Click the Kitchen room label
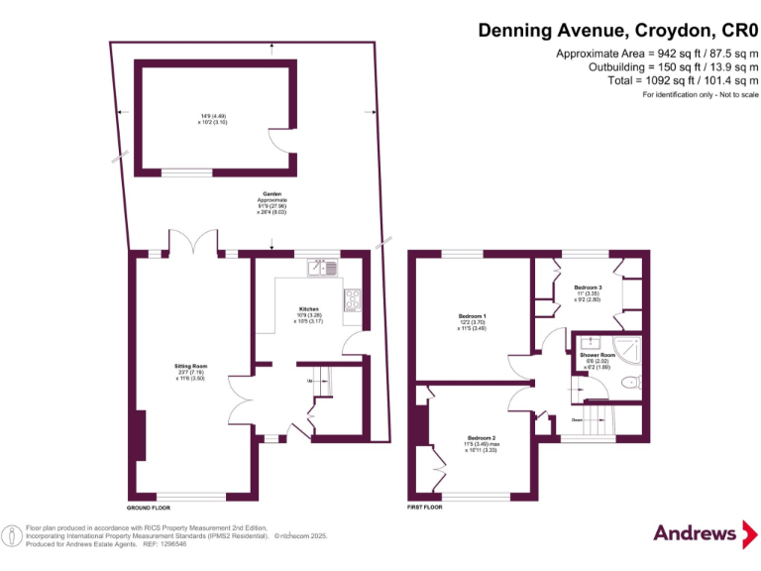pyautogui.click(x=308, y=308)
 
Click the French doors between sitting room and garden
pyautogui.click(x=193, y=243)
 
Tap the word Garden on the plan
pyautogui.click(x=272, y=193)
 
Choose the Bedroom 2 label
pyautogui.click(x=482, y=437)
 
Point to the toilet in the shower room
pyautogui.click(x=627, y=384)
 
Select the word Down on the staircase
pyautogui.click(x=578, y=419)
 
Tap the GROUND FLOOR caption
pyautogui.click(x=148, y=507)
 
